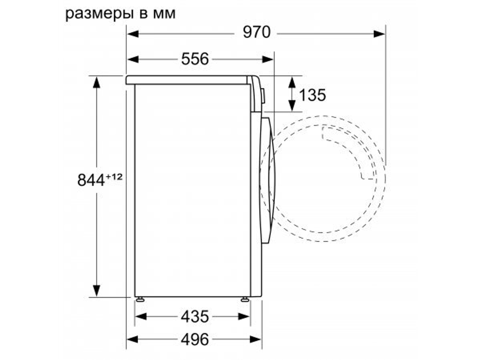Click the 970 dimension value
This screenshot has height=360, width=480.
pos(256,33)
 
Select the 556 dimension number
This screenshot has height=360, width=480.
pos(195,59)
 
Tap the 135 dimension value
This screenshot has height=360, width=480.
pos(312,95)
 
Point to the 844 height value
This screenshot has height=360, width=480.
pos(91,180)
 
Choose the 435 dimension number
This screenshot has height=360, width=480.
pos(195,316)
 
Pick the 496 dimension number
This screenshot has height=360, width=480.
pos(195,339)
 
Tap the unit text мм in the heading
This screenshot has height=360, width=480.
pos(164,13)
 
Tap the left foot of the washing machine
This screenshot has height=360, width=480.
pos(140,299)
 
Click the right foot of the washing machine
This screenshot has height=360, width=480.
pos(245,299)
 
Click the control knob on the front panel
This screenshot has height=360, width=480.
pos(262,95)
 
